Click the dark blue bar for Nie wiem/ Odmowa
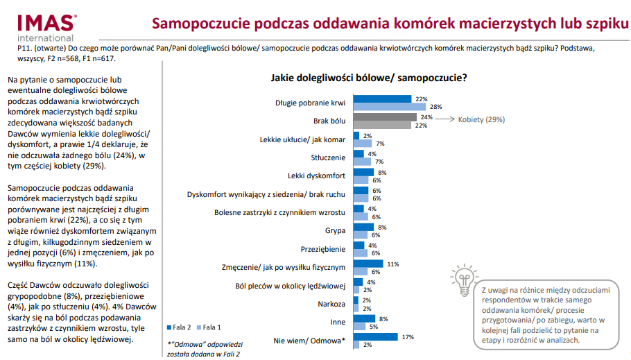(375, 337)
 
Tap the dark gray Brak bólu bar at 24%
(385, 118)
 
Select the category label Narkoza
(331, 305)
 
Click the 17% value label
(408, 337)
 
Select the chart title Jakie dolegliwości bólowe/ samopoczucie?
(368, 78)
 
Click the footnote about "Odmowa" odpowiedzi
(203, 349)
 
